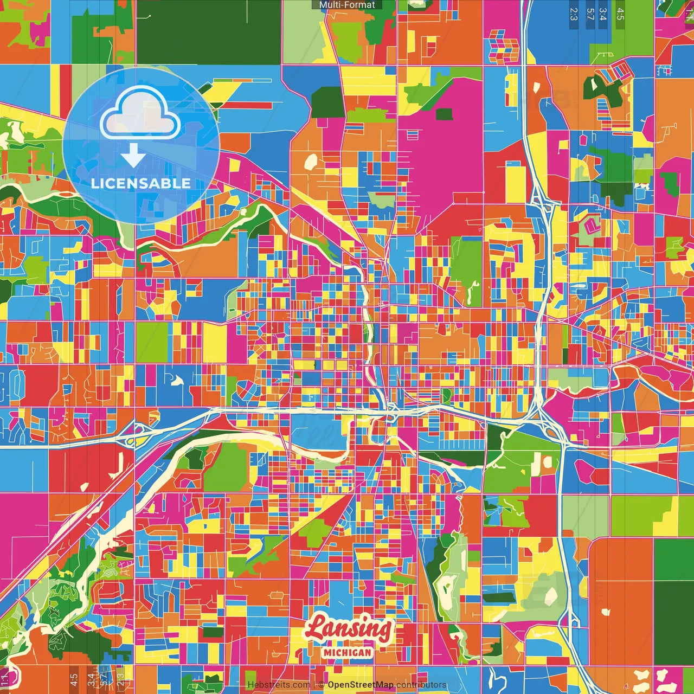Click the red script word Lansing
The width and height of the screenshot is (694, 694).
(348, 628)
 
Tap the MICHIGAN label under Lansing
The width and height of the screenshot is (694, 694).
(348, 653)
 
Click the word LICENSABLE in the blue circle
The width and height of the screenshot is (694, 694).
(141, 183)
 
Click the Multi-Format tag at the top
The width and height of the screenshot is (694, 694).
(347, 5)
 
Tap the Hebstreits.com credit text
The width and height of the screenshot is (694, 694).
(279, 685)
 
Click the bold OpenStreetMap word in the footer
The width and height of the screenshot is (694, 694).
(361, 685)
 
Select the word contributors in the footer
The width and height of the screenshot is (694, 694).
(421, 685)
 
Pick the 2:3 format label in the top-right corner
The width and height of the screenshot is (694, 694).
(574, 14)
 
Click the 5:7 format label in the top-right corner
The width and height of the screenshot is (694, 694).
(590, 14)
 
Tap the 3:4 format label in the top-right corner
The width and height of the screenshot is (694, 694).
(603, 14)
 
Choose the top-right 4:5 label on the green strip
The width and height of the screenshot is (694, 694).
(620, 14)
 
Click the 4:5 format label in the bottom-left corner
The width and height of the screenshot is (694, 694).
(74, 680)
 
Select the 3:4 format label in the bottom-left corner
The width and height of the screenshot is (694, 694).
(91, 680)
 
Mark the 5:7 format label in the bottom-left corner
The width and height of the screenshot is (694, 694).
(104, 680)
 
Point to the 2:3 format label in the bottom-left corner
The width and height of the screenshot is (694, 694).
(120, 680)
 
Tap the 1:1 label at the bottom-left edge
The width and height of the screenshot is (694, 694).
(5, 680)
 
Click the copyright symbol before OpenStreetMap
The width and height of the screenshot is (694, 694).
(321, 685)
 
